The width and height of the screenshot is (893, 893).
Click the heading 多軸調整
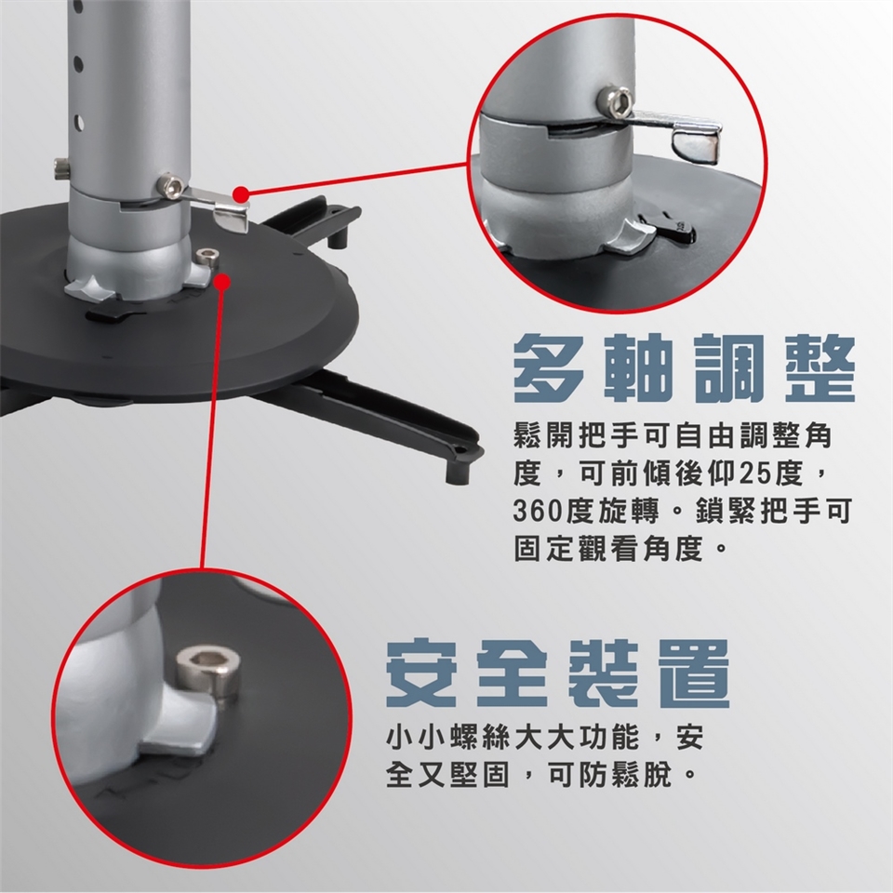[684, 368]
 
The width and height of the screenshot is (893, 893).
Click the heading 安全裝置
[557, 673]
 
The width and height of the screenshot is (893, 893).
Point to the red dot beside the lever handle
[242, 194]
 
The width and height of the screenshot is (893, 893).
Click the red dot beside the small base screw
[222, 281]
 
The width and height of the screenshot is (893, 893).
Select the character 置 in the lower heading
[697, 673]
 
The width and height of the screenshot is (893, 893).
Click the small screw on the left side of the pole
[60, 168]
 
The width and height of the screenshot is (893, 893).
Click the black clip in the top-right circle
[668, 226]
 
